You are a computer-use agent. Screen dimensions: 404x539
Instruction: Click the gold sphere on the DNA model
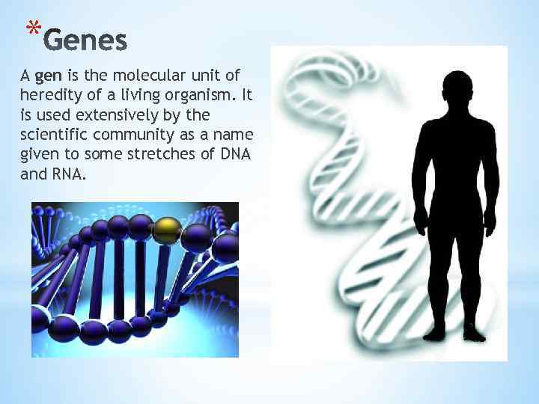click(x=167, y=230)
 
